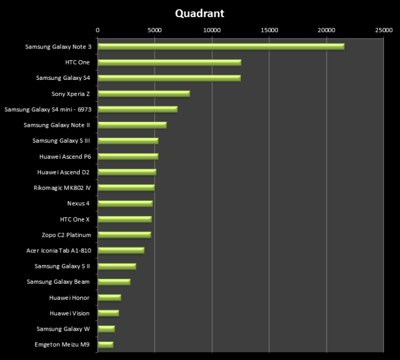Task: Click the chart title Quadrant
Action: tap(199, 13)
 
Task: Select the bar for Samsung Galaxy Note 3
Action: tap(221, 47)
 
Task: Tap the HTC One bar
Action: tap(169, 62)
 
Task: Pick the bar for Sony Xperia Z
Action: tap(144, 94)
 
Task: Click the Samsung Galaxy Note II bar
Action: tap(132, 125)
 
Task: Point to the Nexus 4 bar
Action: tap(125, 203)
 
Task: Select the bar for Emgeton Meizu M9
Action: tap(105, 345)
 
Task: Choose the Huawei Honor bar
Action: tap(109, 298)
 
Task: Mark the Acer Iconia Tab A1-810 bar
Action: tap(121, 250)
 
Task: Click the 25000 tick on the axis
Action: tap(384, 30)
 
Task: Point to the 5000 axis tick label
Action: tap(154, 30)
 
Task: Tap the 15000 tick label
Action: tap(269, 30)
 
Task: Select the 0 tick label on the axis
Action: tap(97, 30)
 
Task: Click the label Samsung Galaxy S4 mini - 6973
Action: tap(47, 109)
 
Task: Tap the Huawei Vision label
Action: tap(70, 313)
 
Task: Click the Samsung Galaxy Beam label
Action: tap(59, 282)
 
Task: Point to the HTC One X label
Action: tap(75, 219)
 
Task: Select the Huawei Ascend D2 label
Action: tap(63, 172)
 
